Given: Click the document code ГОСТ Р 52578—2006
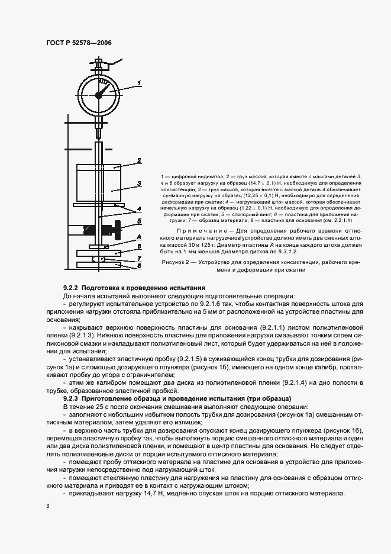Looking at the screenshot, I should point(79,44).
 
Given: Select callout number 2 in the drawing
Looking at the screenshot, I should point(138,160).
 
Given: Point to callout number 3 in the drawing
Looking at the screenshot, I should point(138,183).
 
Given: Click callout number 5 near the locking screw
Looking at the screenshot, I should point(138,221).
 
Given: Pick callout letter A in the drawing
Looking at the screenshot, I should point(138,235).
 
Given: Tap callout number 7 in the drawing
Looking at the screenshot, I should point(138,258).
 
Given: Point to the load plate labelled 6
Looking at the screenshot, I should point(99,255).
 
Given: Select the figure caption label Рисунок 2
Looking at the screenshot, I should point(178,262).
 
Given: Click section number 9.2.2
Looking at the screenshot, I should point(73,287).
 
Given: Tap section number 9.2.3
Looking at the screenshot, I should point(73,398).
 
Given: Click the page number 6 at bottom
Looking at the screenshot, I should point(47,506).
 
